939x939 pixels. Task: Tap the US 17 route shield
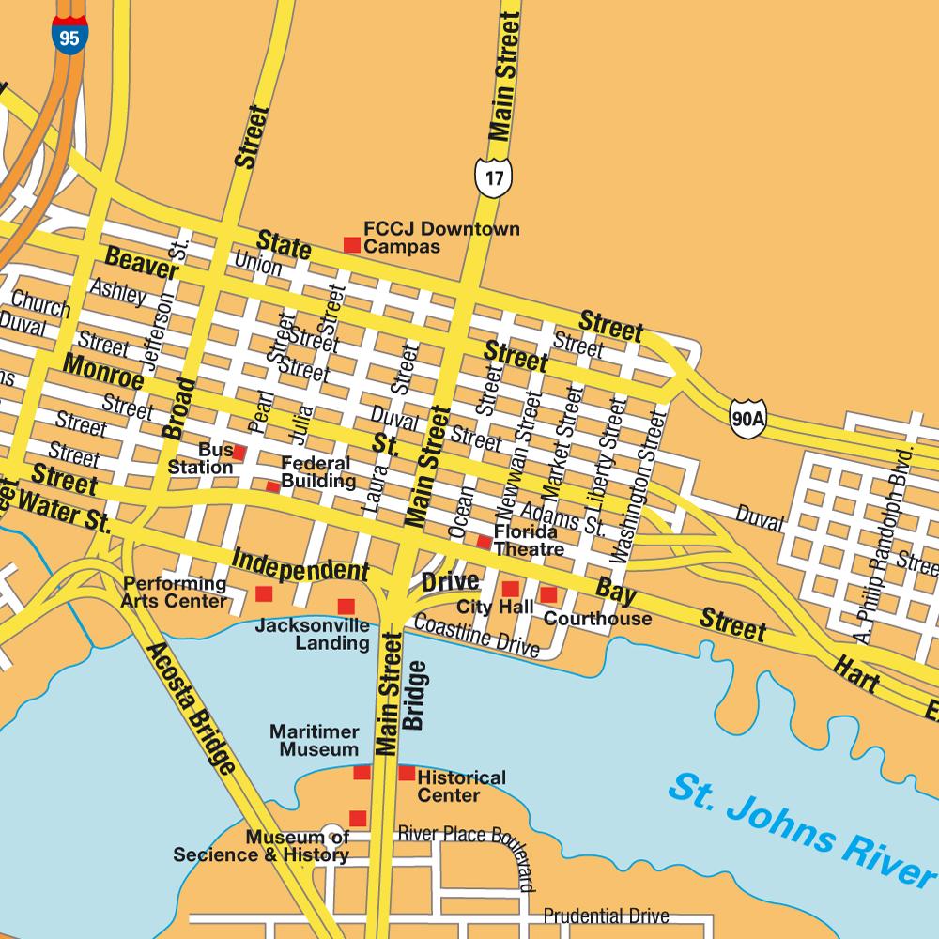click(x=493, y=176)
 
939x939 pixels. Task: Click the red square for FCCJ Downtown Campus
click(x=352, y=245)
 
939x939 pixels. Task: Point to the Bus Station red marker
click(x=239, y=453)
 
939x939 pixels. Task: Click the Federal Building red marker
click(x=272, y=486)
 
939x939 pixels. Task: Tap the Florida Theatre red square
click(x=484, y=542)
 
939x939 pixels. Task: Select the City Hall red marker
click(x=510, y=589)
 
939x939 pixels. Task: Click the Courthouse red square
click(x=548, y=594)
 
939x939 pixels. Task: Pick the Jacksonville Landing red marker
click(x=346, y=607)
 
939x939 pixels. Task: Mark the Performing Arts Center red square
click(x=264, y=593)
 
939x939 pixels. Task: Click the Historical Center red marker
click(x=407, y=773)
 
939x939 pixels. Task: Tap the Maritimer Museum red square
click(x=362, y=772)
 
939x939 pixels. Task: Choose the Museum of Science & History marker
click(x=358, y=818)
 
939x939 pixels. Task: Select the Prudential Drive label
click(x=606, y=916)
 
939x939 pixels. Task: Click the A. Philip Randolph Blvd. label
click(x=879, y=545)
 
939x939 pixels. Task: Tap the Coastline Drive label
click(x=476, y=636)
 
